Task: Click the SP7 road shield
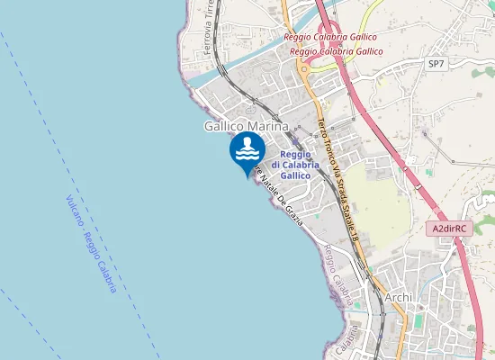[x=436, y=64]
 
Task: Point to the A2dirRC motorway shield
[x=447, y=229]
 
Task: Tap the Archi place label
[x=397, y=297]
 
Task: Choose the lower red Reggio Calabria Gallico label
[x=337, y=51]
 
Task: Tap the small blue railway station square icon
[x=296, y=142]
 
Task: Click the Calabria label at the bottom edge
[x=345, y=342]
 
